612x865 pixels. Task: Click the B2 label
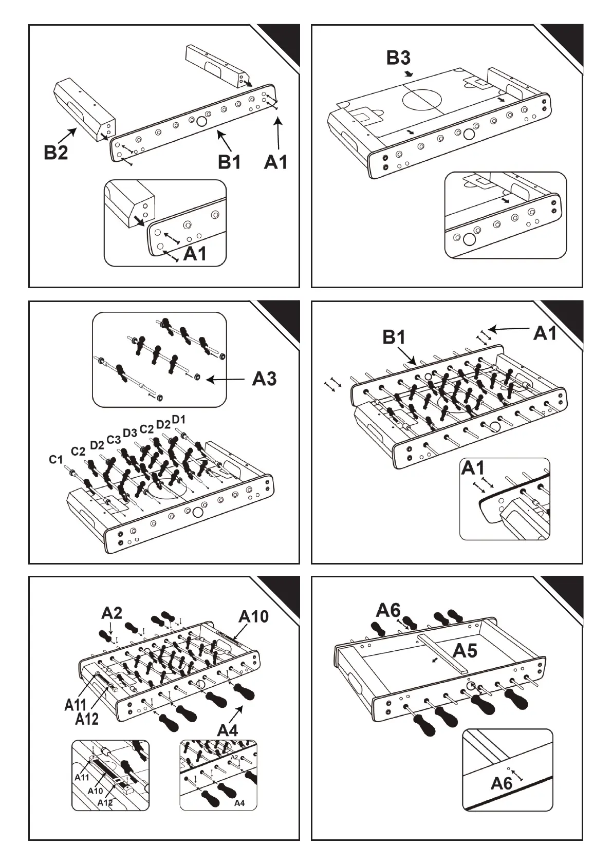(x=56, y=153)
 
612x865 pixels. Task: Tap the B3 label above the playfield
(x=398, y=58)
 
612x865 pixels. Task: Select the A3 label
(x=264, y=379)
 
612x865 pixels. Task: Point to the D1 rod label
(x=178, y=419)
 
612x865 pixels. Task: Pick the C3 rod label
(x=114, y=440)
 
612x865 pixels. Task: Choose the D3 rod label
(x=129, y=432)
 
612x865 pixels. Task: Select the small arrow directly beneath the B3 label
(x=409, y=74)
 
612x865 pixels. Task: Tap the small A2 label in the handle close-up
(x=234, y=757)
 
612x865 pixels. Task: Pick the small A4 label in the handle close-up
(x=239, y=803)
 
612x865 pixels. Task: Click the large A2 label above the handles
(x=112, y=613)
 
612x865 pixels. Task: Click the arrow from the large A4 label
(x=236, y=714)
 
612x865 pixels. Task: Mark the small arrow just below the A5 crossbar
(x=435, y=661)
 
